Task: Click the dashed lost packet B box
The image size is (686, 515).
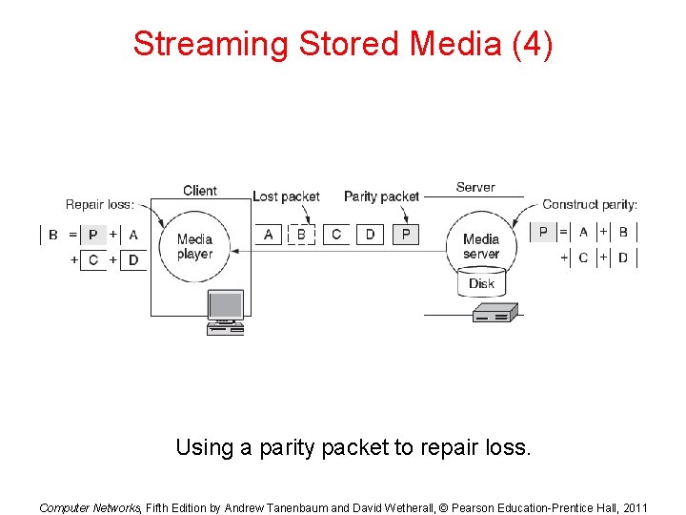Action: [x=301, y=234]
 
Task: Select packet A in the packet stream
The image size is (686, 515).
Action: [x=268, y=234]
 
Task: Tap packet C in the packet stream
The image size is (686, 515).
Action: [x=335, y=234]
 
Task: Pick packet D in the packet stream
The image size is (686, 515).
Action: [x=370, y=234]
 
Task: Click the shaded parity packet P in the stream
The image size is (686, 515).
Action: [x=405, y=234]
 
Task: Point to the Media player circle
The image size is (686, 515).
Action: [x=194, y=246]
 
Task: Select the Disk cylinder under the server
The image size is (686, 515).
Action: [x=481, y=283]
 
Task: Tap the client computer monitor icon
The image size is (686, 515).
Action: [x=226, y=307]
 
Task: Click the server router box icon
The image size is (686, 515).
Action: [x=495, y=313]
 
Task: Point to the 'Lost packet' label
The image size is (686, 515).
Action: [x=286, y=196]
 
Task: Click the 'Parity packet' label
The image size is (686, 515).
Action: [x=381, y=196]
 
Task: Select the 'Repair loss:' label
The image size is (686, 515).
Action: [x=100, y=204]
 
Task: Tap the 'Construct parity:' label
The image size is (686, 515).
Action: [x=590, y=204]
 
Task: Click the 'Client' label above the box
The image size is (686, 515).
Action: [x=200, y=191]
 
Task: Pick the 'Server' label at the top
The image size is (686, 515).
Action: [x=475, y=188]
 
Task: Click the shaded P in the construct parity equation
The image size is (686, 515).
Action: [x=543, y=232]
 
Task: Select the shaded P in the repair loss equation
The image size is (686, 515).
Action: [x=92, y=235]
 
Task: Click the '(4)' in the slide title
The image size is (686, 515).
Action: [x=531, y=44]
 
